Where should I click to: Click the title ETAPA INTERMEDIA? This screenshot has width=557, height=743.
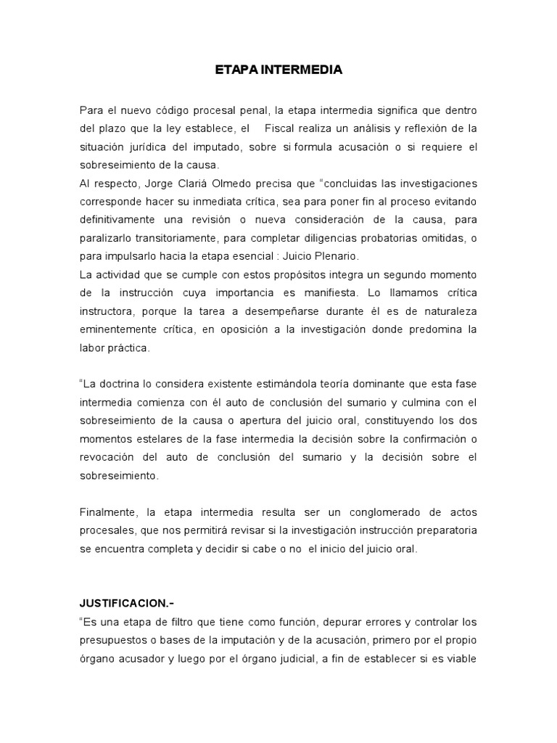click(x=278, y=71)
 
